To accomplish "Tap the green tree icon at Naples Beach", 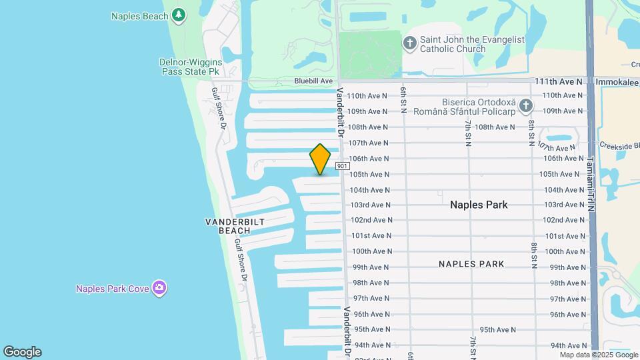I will pyautogui.click(x=178, y=15).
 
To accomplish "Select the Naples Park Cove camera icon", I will pyautogui.click(x=159, y=288).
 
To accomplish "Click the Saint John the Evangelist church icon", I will pyautogui.click(x=410, y=44).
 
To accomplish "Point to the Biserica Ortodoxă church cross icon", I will pyautogui.click(x=526, y=106).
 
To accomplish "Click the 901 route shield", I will pyautogui.click(x=342, y=166).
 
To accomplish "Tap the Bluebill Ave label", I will pyautogui.click(x=313, y=81).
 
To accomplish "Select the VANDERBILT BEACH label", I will pyautogui.click(x=235, y=226).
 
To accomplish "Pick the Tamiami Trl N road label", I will pyautogui.click(x=589, y=184).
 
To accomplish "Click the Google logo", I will pyautogui.click(x=22, y=352).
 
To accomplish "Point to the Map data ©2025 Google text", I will pyautogui.click(x=599, y=355).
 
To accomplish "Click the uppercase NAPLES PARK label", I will pyautogui.click(x=471, y=264).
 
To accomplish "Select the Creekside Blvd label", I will pyautogui.click(x=619, y=145).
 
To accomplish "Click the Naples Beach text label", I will pyautogui.click(x=140, y=16).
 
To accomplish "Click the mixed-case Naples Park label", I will pyautogui.click(x=479, y=205).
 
